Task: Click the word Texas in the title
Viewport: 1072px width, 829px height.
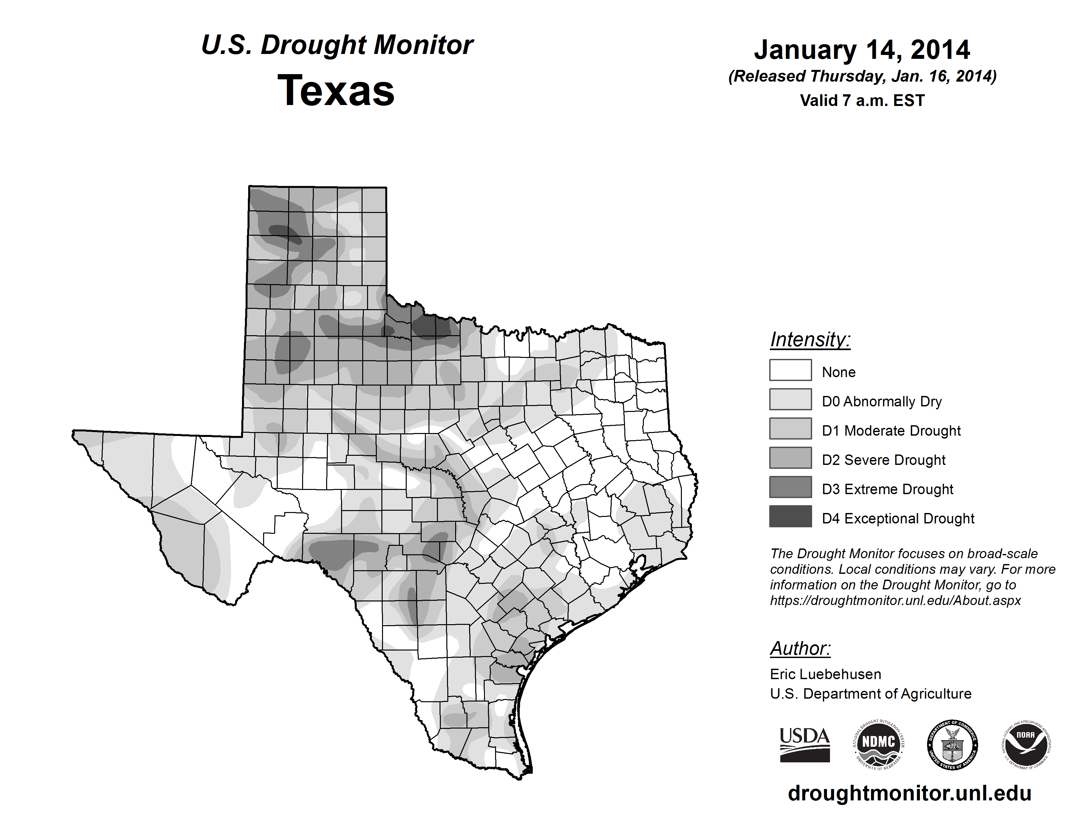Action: [x=336, y=91]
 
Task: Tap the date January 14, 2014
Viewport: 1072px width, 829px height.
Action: [x=862, y=50]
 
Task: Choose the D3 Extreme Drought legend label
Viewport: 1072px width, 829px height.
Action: [x=887, y=489]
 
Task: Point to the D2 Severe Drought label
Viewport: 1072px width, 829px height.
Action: [x=884, y=460]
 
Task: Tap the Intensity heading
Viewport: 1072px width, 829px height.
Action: [x=810, y=339]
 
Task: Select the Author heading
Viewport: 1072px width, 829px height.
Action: [x=800, y=648]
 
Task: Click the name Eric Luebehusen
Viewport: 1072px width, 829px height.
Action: [x=825, y=674]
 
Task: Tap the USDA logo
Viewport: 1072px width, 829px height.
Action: [x=805, y=744]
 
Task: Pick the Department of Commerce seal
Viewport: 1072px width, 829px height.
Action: [x=952, y=744]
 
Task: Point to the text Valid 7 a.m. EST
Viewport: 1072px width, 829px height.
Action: [x=862, y=101]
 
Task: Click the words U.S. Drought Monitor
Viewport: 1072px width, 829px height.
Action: [x=337, y=45]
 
